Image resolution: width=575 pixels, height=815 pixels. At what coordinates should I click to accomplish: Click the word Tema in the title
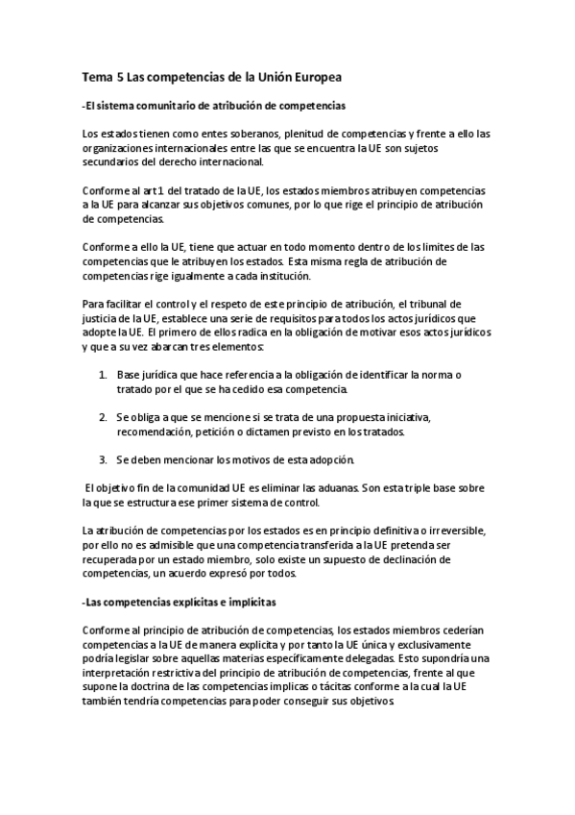point(96,76)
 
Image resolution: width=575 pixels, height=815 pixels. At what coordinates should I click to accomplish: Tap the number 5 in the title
point(119,76)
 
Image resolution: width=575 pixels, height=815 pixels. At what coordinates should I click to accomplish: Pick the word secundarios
point(113,162)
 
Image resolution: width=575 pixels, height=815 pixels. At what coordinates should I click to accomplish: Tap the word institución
point(277,277)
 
